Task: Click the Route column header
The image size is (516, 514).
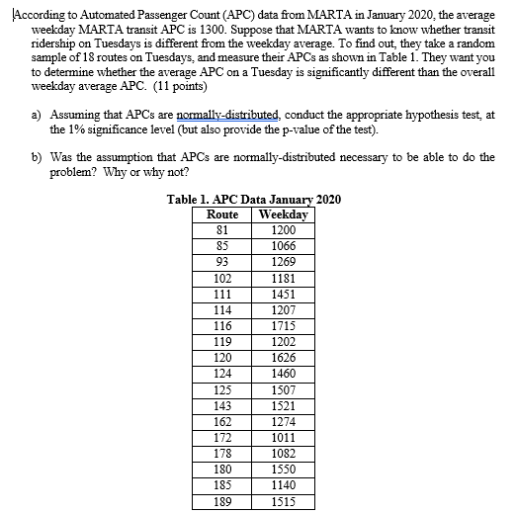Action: pyautogui.click(x=223, y=214)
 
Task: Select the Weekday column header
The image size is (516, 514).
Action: pyautogui.click(x=284, y=214)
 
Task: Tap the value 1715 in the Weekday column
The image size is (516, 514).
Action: pyautogui.click(x=284, y=324)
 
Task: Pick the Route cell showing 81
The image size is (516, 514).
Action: pyautogui.click(x=223, y=229)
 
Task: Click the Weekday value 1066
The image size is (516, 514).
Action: pyautogui.click(x=284, y=245)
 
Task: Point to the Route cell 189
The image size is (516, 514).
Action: pyautogui.click(x=223, y=502)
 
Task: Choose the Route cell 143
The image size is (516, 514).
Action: pyautogui.click(x=223, y=406)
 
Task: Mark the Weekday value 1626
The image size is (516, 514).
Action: pyautogui.click(x=284, y=357)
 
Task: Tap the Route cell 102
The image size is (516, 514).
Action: pyautogui.click(x=223, y=278)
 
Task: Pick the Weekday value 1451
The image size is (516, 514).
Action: pyautogui.click(x=284, y=294)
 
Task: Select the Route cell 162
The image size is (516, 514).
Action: pyautogui.click(x=223, y=422)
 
